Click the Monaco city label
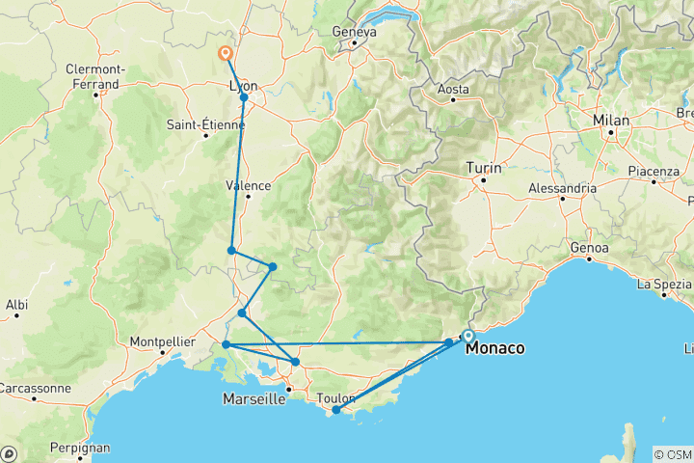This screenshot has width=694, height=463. coord(495,349)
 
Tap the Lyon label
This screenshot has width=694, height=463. coord(243,85)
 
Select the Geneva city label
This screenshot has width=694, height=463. coord(354,32)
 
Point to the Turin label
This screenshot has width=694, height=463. coord(484,168)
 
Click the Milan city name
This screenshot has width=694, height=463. coord(611,121)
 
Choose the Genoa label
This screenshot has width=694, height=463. coord(590,248)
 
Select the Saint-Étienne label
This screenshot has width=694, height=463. coord(205,124)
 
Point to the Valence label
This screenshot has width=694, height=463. coord(248,185)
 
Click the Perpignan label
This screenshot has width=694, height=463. coord(82,449)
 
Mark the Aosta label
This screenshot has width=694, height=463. coord(453,89)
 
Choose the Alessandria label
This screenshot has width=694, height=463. coord(563,188)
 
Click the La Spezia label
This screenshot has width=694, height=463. coord(664,285)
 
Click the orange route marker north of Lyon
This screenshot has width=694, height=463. coord(226,54)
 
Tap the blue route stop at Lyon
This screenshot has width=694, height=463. coord(244,97)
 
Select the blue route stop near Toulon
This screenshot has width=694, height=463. coord(335,410)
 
